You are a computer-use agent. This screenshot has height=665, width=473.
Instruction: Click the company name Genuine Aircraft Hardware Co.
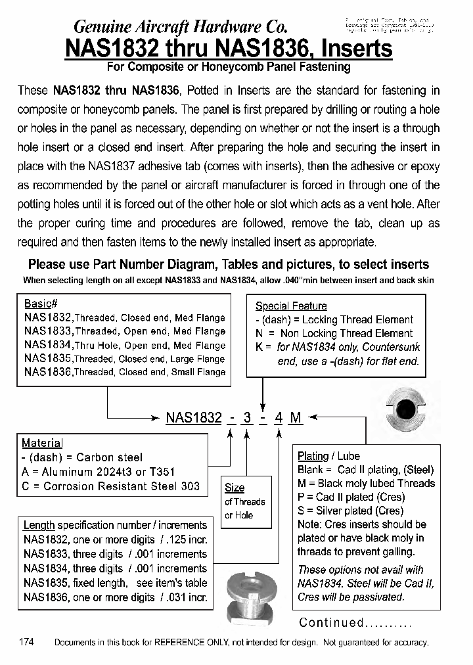tap(180, 27)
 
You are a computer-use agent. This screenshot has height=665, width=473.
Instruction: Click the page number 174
tap(27, 642)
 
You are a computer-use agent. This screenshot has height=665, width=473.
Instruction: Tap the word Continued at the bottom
tap(331, 622)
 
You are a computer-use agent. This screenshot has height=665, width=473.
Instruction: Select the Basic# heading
tap(41, 304)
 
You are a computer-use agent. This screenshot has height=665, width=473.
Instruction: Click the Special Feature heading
tap(290, 306)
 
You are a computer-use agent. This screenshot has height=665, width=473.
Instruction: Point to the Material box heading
tap(42, 443)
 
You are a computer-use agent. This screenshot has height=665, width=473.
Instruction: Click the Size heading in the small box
tap(235, 488)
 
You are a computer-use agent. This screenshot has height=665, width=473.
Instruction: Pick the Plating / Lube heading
tap(328, 455)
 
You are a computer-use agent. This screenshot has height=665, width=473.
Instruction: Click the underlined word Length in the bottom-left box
tap(39, 525)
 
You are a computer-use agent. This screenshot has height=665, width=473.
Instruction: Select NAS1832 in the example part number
tap(194, 417)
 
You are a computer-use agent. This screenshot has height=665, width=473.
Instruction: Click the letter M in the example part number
tap(296, 417)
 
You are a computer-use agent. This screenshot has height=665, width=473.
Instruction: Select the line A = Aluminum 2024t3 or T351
tap(98, 472)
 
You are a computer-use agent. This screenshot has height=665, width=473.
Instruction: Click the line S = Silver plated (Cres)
tap(350, 511)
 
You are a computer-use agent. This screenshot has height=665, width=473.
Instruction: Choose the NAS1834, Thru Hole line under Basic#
tap(124, 345)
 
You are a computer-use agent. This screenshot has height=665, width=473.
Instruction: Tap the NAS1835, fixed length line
tap(115, 583)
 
